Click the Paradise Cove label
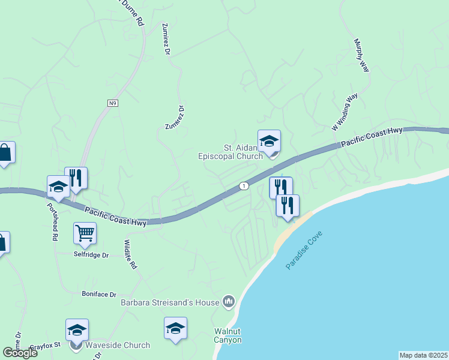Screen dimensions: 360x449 pos(304,250)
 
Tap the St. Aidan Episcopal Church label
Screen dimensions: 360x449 pos(231,152)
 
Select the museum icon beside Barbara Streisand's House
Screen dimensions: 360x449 pos(228,301)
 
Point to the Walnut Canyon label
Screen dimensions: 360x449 pos(228,336)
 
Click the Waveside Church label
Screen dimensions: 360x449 pos(117,345)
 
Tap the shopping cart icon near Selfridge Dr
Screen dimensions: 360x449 pos(85,232)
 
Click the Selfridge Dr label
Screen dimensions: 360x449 pos(92,255)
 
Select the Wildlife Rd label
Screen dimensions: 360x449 pos(130,254)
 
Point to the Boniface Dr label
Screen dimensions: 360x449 pos(98,294)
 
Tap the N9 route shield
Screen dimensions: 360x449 pos(112,103)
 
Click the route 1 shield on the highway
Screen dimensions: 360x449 pos(243,186)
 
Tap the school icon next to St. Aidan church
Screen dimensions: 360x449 pos(269,141)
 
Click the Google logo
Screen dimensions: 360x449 pos(20,352)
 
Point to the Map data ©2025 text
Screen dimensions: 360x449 pos(424,355)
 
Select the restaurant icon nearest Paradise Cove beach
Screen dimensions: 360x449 pos(287,205)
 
